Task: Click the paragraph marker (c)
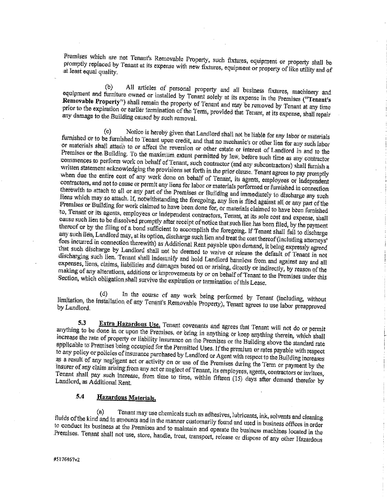(107, 131)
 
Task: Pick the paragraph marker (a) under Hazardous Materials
(100, 412)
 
